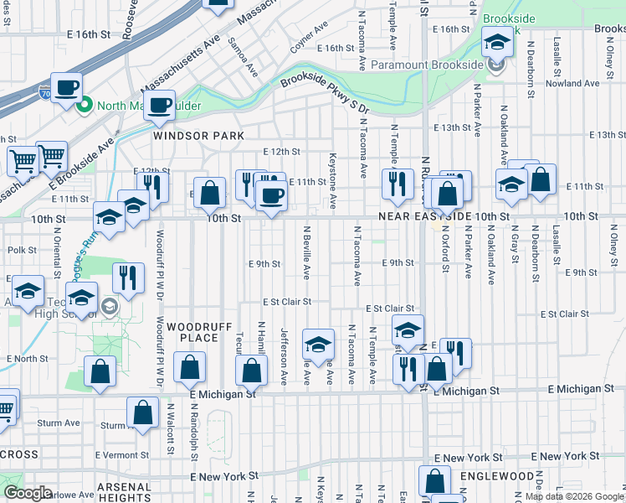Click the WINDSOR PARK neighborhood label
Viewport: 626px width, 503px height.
[198, 135]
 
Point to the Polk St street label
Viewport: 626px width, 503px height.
[22, 250]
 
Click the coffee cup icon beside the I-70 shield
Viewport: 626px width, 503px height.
[67, 86]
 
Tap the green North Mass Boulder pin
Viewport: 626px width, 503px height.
[84, 105]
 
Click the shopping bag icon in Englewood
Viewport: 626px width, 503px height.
[434, 481]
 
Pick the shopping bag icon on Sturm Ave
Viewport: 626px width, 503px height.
[143, 412]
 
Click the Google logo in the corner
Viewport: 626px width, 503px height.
[28, 493]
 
